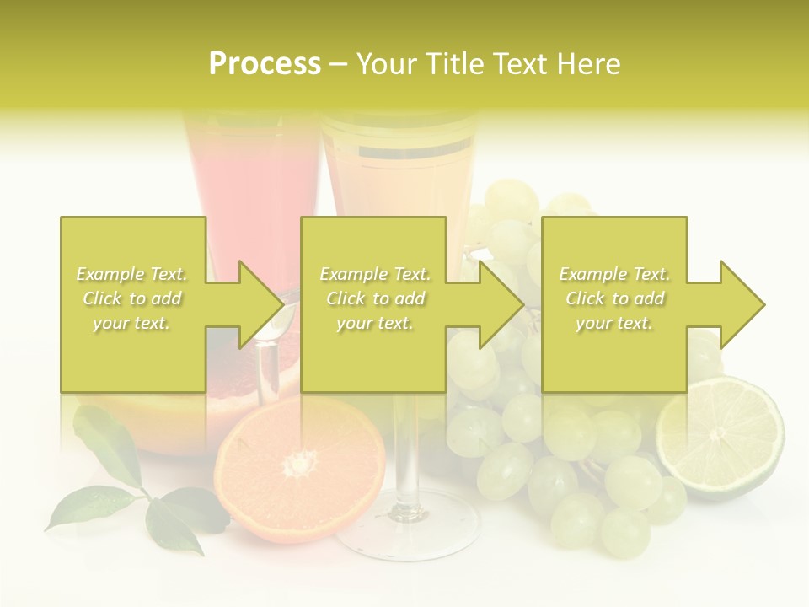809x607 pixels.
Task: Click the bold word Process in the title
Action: pyautogui.click(x=265, y=64)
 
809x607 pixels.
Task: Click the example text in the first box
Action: pyautogui.click(x=132, y=298)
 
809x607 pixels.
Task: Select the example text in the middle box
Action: pyautogui.click(x=375, y=298)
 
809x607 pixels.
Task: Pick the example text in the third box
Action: pyautogui.click(x=614, y=298)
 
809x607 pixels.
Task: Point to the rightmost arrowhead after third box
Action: pyautogui.click(x=741, y=304)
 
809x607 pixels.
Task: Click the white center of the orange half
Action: pyautogui.click(x=299, y=463)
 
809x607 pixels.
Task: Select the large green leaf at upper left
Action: pyautogui.click(x=107, y=443)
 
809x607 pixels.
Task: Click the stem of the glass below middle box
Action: pyautogui.click(x=407, y=447)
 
